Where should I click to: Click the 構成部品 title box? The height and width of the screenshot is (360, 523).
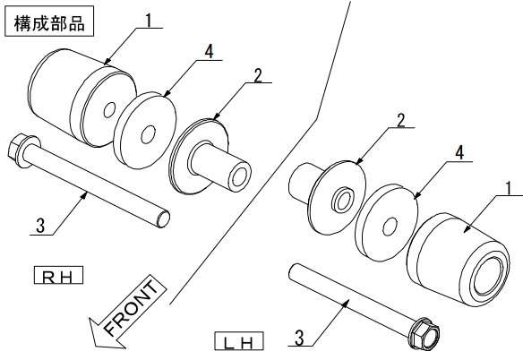49,21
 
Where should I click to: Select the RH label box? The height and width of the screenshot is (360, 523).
58,275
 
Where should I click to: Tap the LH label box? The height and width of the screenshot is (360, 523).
239,341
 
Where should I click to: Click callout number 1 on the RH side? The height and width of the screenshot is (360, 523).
149,21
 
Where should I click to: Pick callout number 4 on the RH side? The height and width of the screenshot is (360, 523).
209,52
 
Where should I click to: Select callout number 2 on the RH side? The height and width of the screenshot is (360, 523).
258,75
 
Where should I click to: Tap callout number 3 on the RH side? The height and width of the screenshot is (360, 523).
40,226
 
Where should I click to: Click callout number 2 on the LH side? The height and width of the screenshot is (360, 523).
400,120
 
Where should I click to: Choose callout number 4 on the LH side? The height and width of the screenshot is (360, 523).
459,153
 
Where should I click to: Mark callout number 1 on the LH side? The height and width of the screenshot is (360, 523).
509,189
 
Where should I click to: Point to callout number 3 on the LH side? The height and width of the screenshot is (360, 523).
299,338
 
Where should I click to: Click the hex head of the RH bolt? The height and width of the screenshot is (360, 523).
16,150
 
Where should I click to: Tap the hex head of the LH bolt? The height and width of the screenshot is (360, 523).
424,334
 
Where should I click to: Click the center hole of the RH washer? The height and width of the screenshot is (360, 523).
148,134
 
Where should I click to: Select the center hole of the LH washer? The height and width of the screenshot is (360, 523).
390,227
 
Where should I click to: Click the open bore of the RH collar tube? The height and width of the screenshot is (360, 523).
240,176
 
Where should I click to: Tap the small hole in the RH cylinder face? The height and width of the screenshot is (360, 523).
109,110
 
